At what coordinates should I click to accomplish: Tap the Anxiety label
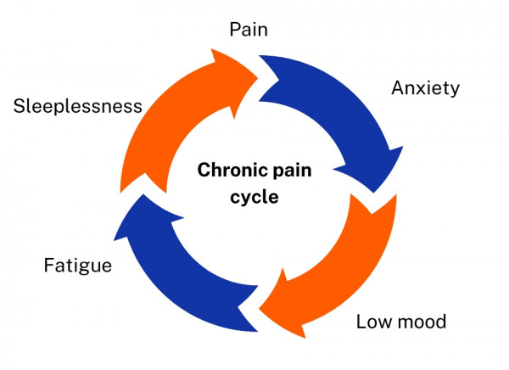(424, 87)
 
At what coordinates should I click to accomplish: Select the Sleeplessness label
(77, 106)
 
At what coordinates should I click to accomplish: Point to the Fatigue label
(77, 266)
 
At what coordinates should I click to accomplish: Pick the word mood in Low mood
(421, 322)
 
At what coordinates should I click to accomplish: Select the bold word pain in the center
(291, 170)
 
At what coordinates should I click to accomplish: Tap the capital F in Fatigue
(49, 266)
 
